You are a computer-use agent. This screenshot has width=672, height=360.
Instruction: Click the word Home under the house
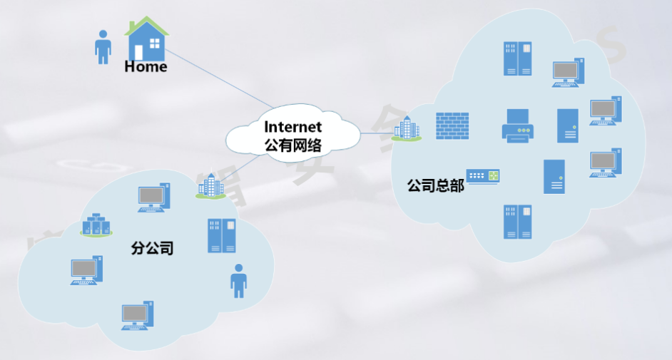(x=146, y=67)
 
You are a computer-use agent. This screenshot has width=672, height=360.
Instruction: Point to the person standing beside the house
(x=103, y=47)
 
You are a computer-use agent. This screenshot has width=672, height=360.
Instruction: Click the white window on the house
(x=155, y=43)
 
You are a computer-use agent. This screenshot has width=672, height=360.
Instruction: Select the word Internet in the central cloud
(x=293, y=127)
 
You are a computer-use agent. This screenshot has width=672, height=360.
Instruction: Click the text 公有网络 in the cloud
(x=293, y=146)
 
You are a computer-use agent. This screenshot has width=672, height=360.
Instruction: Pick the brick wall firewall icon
(x=452, y=125)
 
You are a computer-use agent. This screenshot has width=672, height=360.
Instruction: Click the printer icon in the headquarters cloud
(x=520, y=126)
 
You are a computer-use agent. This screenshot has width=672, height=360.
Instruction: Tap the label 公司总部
(x=435, y=186)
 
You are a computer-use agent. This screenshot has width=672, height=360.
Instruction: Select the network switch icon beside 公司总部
(x=483, y=176)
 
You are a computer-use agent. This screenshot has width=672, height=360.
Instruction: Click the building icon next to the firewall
(x=407, y=129)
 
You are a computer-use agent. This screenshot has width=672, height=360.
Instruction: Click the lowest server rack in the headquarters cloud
(x=518, y=221)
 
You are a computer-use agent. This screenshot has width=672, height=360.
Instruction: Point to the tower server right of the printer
(x=568, y=125)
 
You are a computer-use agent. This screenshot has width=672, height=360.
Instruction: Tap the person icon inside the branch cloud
(x=238, y=280)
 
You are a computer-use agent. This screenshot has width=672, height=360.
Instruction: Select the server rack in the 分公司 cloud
(x=222, y=236)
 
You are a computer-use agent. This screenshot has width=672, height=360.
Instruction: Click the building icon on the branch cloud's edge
(x=210, y=187)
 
